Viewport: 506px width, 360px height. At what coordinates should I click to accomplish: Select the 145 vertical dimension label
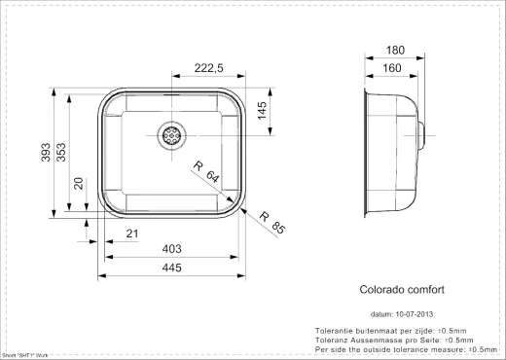[262, 112]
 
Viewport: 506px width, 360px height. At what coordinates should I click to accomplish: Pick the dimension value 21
[133, 234]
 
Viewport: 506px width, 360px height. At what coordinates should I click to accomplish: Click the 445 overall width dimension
[171, 270]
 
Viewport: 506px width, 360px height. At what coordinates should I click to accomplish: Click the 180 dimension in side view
[394, 49]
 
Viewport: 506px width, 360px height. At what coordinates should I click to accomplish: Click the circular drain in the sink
[172, 135]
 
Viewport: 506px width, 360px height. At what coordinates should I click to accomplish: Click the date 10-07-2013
[417, 314]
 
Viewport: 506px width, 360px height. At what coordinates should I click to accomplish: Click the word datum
[381, 314]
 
